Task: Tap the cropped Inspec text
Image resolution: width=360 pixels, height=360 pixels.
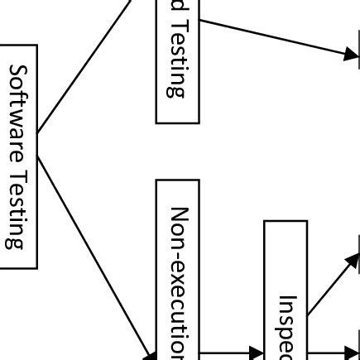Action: [286, 327]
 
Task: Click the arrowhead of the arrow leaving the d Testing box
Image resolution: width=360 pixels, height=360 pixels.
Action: [351, 54]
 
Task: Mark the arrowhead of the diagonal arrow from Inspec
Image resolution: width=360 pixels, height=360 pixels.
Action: [353, 259]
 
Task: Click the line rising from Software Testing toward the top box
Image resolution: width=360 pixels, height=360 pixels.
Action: [83, 66]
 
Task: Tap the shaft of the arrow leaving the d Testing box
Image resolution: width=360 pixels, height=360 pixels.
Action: [273, 36]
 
